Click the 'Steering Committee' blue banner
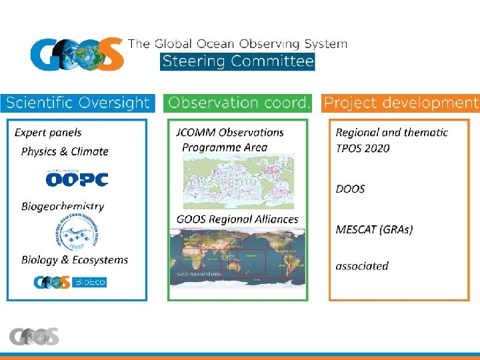pyautogui.click(x=237, y=62)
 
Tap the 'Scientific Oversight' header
pyautogui.click(x=78, y=103)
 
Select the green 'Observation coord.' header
pyautogui.click(x=239, y=103)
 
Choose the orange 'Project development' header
pyautogui.click(x=401, y=103)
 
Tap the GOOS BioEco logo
pyautogui.click(x=70, y=282)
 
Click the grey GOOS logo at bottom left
pyautogui.click(x=34, y=337)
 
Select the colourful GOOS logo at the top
pyautogui.click(x=77, y=53)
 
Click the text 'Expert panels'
pyautogui.click(x=48, y=133)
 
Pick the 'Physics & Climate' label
pyautogui.click(x=65, y=151)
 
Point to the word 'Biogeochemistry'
pyautogui.click(x=63, y=207)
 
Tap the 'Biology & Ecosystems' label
pyautogui.click(x=75, y=260)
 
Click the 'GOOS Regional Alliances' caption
pyautogui.click(x=237, y=219)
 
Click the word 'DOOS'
pyautogui.click(x=350, y=189)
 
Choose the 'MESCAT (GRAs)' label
pyautogui.click(x=374, y=229)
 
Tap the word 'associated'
pyautogui.click(x=362, y=266)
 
